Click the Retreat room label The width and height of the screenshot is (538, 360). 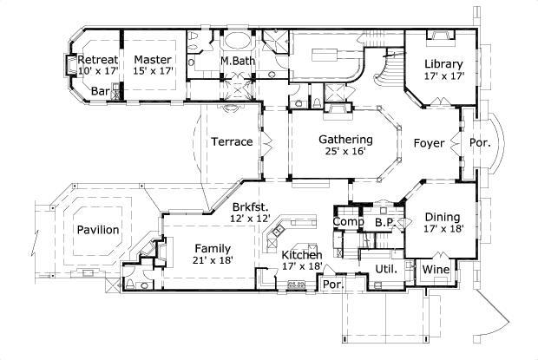tap(97, 60)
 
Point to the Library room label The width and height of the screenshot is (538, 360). tap(443, 64)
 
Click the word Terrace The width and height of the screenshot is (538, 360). tap(232, 141)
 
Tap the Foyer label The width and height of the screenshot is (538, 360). tap(429, 142)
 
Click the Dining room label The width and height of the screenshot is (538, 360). tap(443, 217)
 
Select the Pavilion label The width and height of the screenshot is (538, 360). tap(97, 229)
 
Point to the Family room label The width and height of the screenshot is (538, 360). tap(213, 247)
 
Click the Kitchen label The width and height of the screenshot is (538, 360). tap(302, 254)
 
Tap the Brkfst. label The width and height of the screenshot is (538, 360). tap(250, 206)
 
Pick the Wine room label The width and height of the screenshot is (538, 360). tap(436, 270)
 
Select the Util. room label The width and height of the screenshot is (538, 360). tap(385, 269)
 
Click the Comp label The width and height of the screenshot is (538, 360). tap(346, 222)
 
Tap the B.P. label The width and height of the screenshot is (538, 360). tap(384, 222)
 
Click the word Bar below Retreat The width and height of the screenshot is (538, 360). tap(100, 89)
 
